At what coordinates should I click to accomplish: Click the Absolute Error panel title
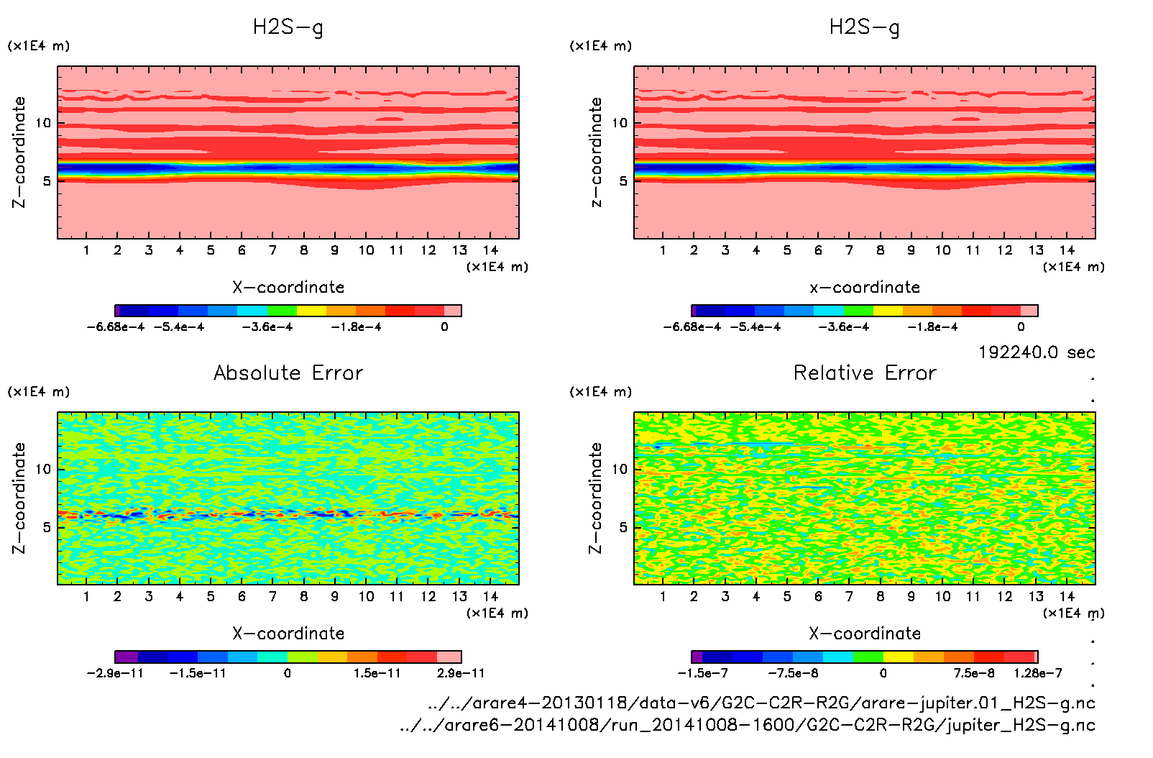pyautogui.click(x=288, y=373)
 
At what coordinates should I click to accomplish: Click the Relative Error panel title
pyautogui.click(x=865, y=373)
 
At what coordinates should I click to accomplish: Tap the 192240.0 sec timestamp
pyautogui.click(x=1037, y=352)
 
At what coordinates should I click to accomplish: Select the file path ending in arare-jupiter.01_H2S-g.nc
pyautogui.click(x=761, y=703)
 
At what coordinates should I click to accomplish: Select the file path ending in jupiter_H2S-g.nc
pyautogui.click(x=748, y=725)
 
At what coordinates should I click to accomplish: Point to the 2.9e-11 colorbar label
pyautogui.click(x=461, y=674)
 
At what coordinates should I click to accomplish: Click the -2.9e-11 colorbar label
pyautogui.click(x=115, y=674)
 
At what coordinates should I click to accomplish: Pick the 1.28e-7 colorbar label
pyautogui.click(x=1037, y=674)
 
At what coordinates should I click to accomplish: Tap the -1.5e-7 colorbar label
pyautogui.click(x=702, y=674)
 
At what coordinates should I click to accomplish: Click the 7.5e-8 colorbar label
pyautogui.click(x=974, y=674)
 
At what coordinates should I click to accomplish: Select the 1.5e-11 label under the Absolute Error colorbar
pyautogui.click(x=377, y=674)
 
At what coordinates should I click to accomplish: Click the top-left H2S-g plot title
pyautogui.click(x=288, y=27)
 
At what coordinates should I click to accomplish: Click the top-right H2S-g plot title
pyautogui.click(x=865, y=27)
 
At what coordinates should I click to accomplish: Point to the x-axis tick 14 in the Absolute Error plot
pyautogui.click(x=490, y=596)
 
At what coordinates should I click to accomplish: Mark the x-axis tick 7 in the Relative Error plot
pyautogui.click(x=849, y=596)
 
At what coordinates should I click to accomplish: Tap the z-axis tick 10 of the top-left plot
pyautogui.click(x=44, y=123)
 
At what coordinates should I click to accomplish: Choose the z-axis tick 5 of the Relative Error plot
pyautogui.click(x=623, y=527)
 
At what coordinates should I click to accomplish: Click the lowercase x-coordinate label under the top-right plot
pyautogui.click(x=865, y=288)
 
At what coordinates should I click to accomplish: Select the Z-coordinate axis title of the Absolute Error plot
pyautogui.click(x=19, y=498)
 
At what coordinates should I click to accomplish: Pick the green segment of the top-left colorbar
pyautogui.click(x=282, y=311)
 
